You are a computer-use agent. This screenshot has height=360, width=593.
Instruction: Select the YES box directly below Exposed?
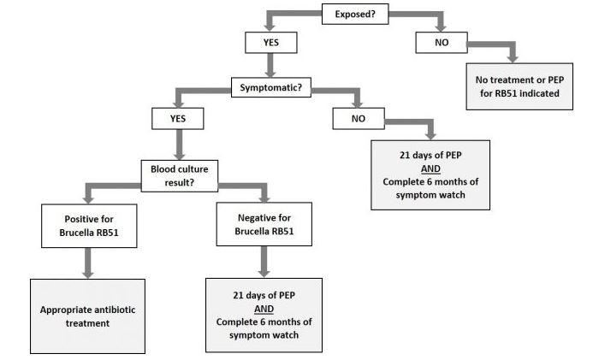point(270,41)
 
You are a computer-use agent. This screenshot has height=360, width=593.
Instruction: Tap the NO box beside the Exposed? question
point(442,41)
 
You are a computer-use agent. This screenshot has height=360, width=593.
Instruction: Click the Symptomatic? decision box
point(270,86)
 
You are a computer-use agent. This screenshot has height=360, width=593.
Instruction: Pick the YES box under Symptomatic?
point(177,117)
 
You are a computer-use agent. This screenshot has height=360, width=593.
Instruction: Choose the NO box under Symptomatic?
point(359,117)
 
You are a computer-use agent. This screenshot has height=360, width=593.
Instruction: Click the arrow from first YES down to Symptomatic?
point(270,63)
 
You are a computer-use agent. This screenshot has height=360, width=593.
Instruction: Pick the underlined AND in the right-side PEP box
point(430,169)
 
